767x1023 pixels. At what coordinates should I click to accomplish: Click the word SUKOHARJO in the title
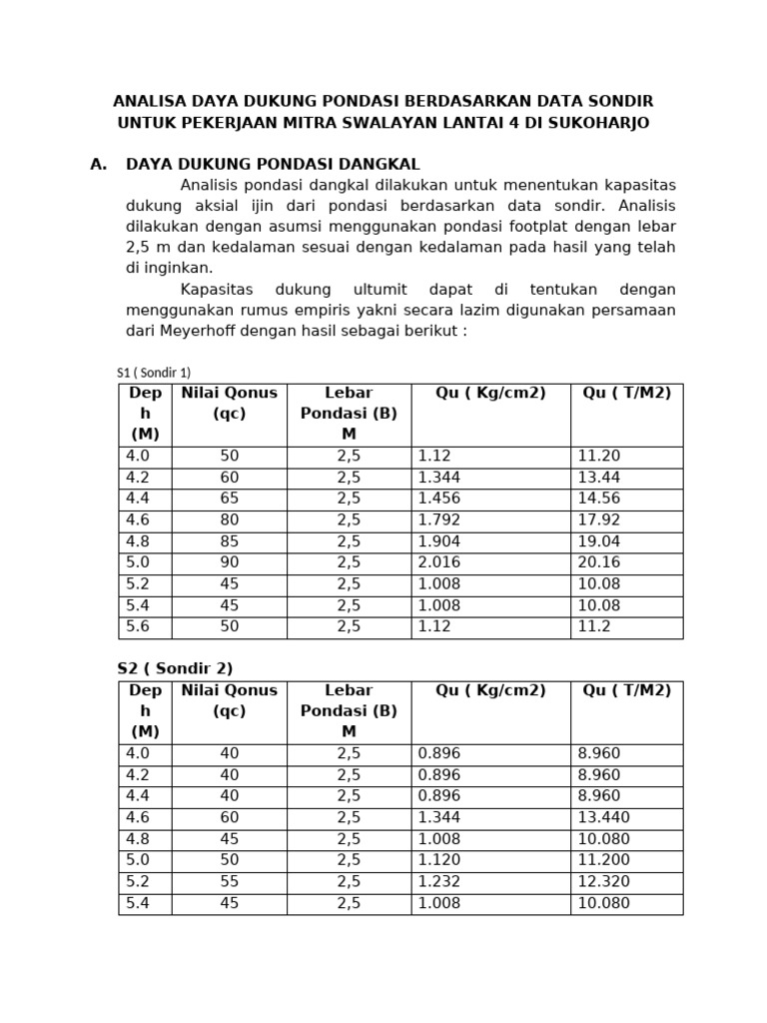point(595,123)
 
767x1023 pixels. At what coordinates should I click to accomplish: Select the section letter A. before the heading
point(98,164)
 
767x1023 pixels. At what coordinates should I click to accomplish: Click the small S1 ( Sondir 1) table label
point(154,373)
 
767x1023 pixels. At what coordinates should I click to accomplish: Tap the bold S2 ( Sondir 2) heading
point(176,668)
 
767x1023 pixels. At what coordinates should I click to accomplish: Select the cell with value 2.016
point(439,562)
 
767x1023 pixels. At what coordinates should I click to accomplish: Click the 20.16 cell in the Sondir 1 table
point(599,562)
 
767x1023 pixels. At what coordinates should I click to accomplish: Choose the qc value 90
point(230,562)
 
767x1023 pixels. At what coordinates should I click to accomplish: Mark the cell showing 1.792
point(439,519)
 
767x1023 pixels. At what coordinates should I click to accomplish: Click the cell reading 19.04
point(599,541)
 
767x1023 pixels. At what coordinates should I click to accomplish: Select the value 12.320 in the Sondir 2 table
point(603,882)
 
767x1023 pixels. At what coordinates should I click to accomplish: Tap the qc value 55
point(230,882)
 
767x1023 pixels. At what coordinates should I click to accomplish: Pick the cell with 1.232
point(439,882)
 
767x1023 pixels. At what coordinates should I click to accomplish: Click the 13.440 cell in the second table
point(603,818)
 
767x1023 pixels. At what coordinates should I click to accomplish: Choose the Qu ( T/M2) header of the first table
point(627,393)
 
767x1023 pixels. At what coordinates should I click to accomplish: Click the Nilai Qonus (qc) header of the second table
point(229,700)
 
